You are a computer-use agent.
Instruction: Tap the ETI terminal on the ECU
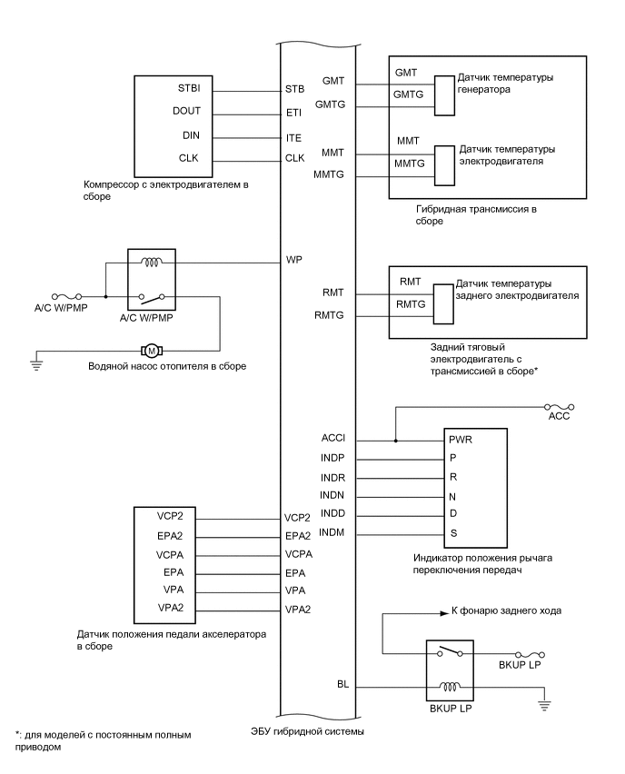coord(293,114)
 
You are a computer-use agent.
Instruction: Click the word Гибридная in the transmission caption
coord(440,210)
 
